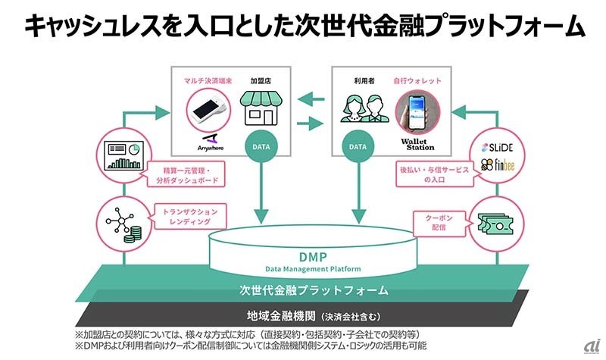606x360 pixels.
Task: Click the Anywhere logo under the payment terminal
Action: [208, 142]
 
